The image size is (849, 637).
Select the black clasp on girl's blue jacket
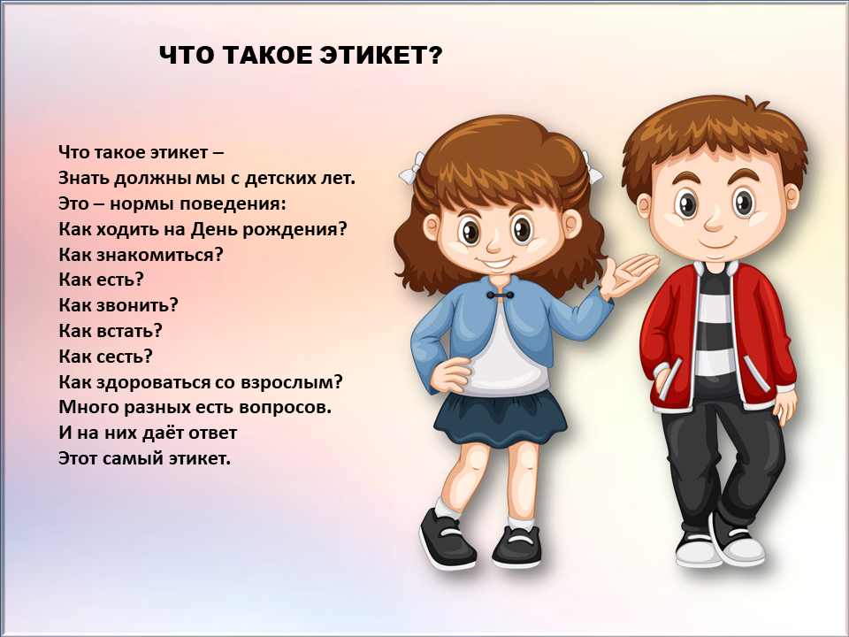[499, 295]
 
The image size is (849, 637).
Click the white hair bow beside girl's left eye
[413, 168]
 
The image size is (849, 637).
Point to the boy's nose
[715, 220]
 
